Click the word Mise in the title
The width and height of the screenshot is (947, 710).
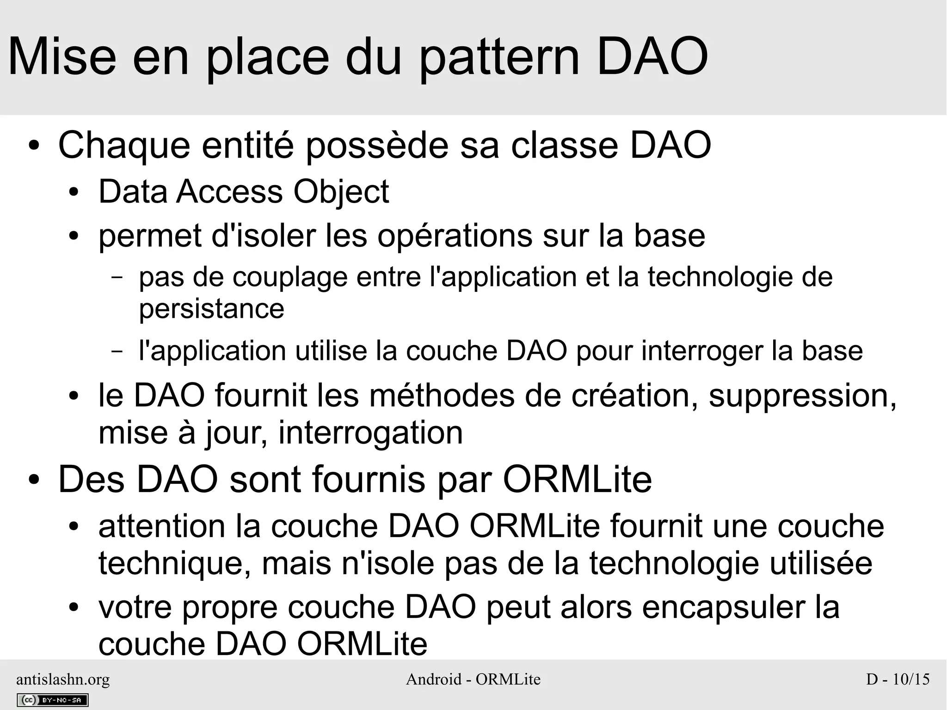(x=62, y=58)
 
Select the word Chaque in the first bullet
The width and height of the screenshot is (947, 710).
(x=124, y=146)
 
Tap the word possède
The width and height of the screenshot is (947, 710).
(x=377, y=146)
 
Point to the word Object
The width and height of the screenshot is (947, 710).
(x=341, y=192)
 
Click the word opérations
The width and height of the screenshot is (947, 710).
(x=455, y=236)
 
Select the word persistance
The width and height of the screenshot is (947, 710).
(x=211, y=309)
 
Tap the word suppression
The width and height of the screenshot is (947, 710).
(x=802, y=396)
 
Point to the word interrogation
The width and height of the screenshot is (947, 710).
(x=370, y=433)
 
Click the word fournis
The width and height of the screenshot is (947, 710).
(x=369, y=480)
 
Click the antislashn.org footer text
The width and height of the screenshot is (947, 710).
(x=63, y=679)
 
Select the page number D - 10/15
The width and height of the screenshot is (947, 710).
(x=898, y=679)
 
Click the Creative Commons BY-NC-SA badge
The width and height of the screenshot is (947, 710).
(x=52, y=700)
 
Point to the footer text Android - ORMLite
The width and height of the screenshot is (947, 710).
(x=473, y=679)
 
